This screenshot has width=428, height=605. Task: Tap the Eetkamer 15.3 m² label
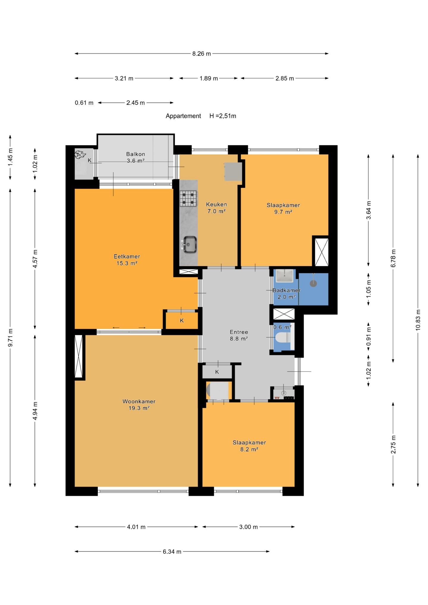coord(127,259)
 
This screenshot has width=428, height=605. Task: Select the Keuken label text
coord(216,204)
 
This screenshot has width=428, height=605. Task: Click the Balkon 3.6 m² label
coord(136,157)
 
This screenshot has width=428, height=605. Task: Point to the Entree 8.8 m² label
coord(239,335)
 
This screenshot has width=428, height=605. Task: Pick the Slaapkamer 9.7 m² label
coord(283,208)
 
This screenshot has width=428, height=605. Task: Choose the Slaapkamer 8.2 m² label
coord(249,446)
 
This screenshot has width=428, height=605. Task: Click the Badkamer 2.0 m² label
coord(287,294)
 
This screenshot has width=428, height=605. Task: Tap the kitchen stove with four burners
coord(188,198)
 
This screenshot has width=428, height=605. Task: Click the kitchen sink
coord(190,245)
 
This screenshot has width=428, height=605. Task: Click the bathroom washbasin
coord(284,275)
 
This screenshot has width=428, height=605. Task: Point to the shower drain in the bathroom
coord(313,283)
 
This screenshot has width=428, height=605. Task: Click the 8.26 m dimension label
coord(202,54)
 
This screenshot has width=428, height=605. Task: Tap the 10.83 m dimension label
coord(418,320)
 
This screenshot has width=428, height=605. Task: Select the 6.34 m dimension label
coord(172,552)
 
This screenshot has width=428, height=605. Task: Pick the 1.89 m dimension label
coord(209,78)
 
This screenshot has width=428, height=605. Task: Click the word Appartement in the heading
coord(183,116)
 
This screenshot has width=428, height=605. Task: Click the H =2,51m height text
coord(223,116)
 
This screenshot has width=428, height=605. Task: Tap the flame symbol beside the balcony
coord(80,155)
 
